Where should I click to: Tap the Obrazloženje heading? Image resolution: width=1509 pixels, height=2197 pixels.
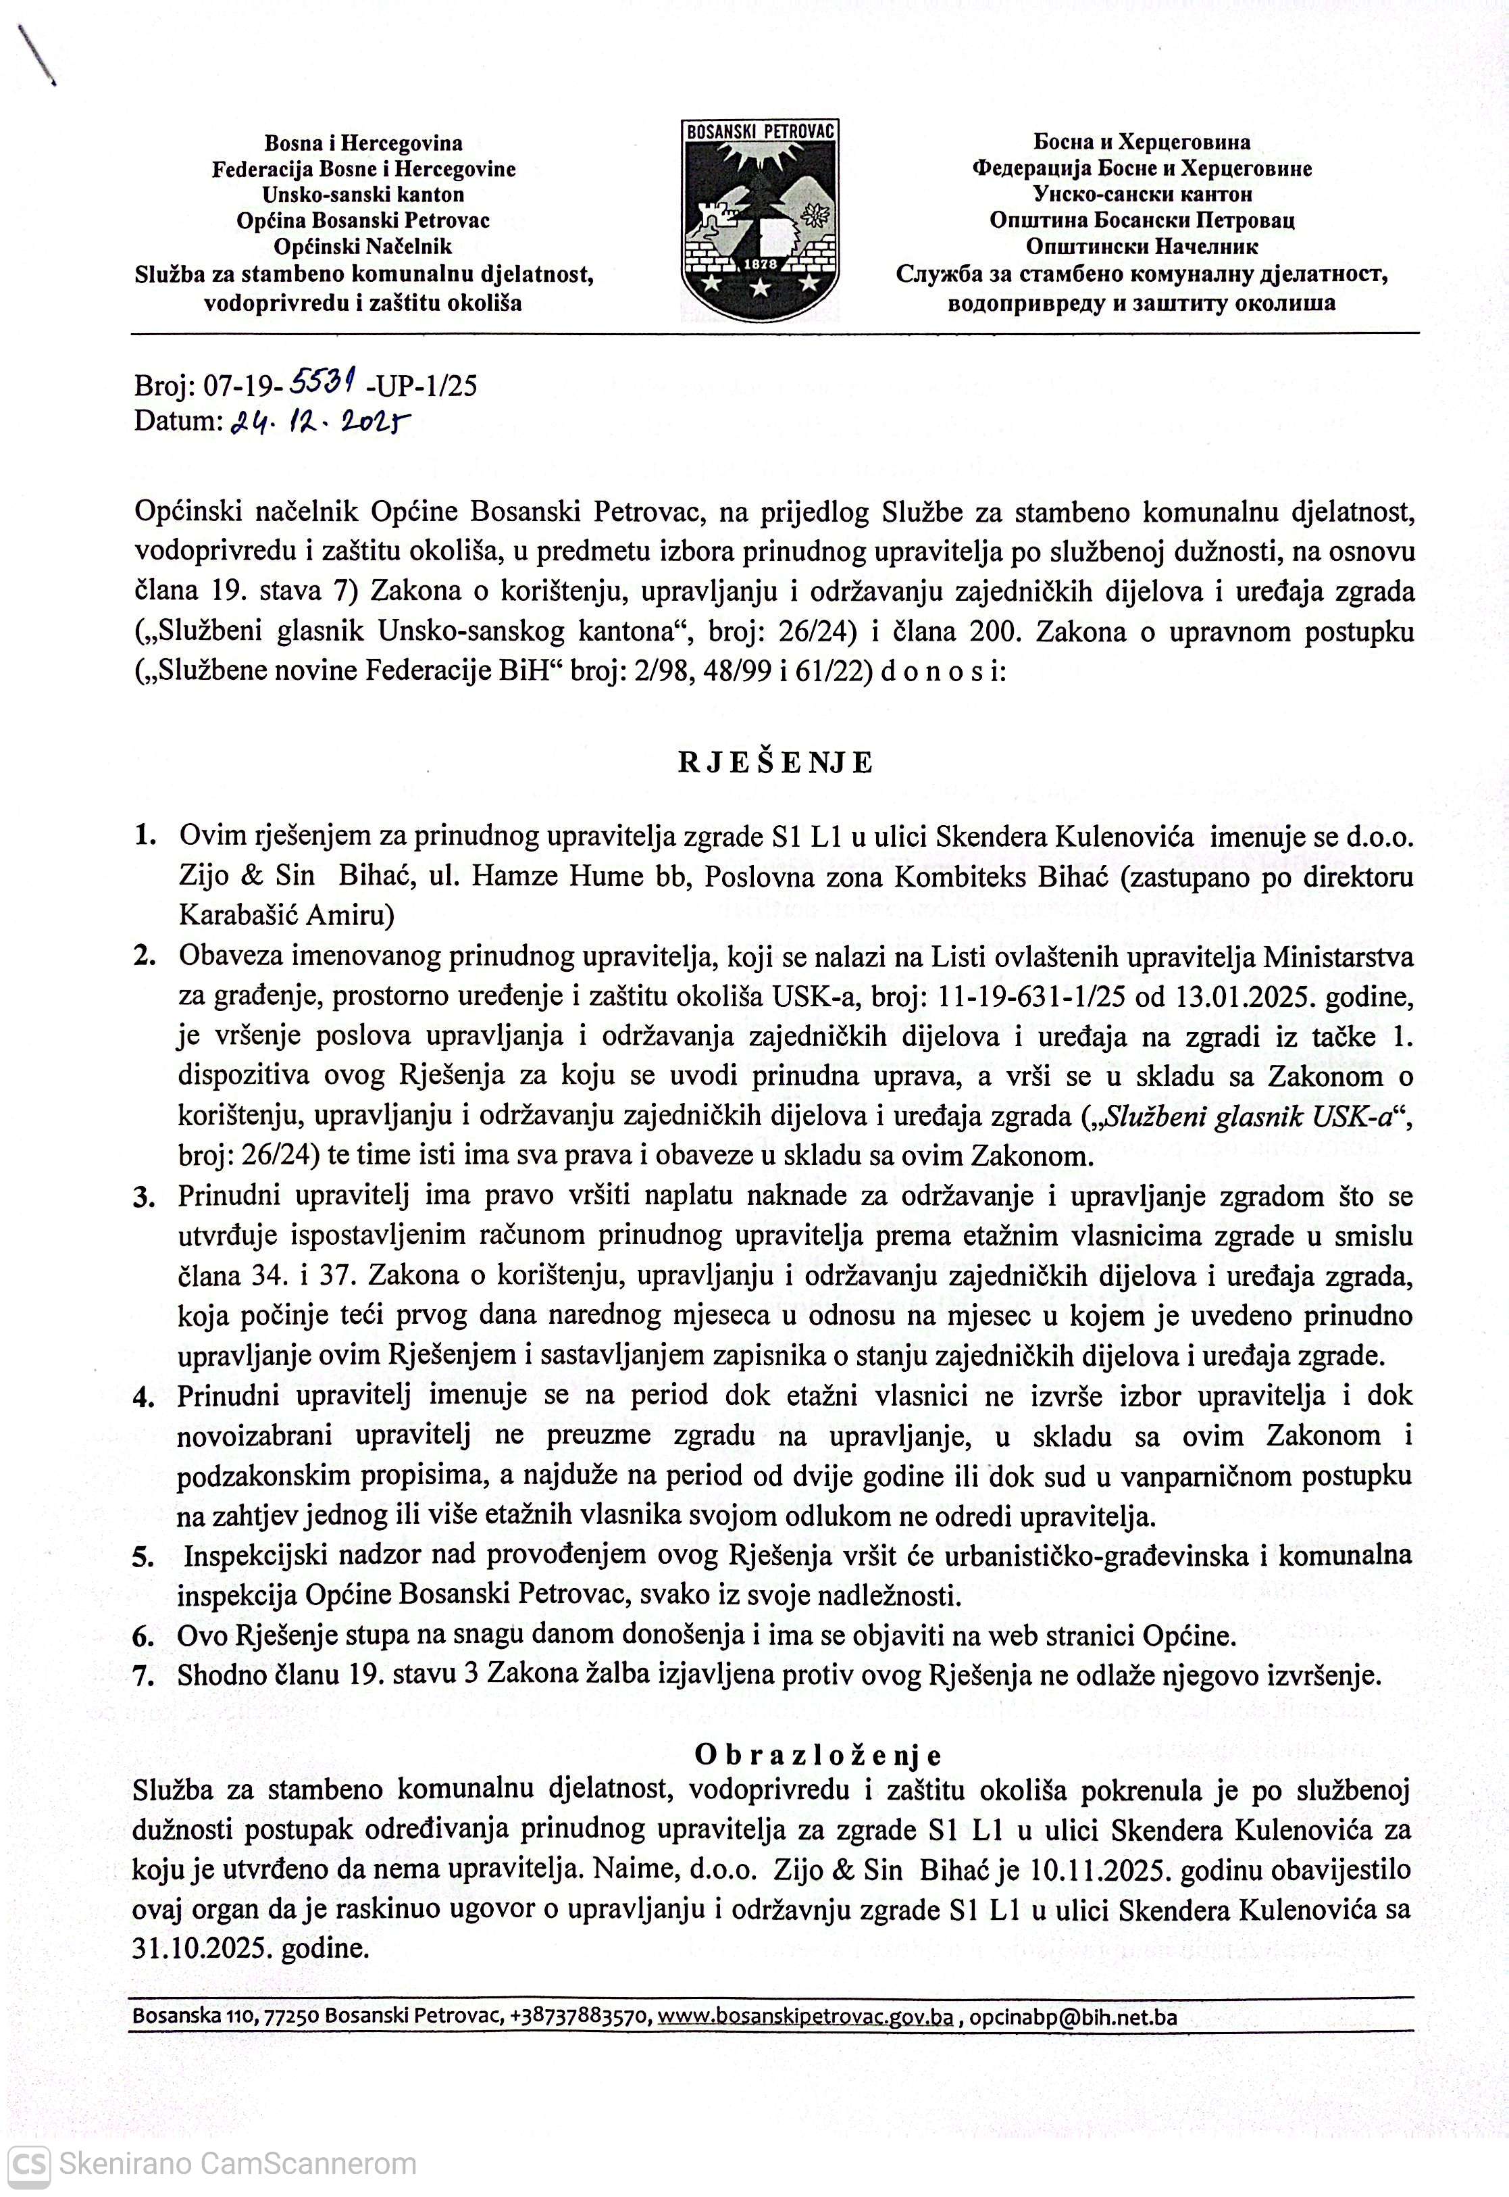click(x=818, y=1754)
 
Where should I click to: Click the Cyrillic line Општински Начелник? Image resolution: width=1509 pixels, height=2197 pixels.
click(x=1142, y=247)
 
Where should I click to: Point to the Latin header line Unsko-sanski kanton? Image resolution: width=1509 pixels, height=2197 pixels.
click(x=363, y=195)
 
